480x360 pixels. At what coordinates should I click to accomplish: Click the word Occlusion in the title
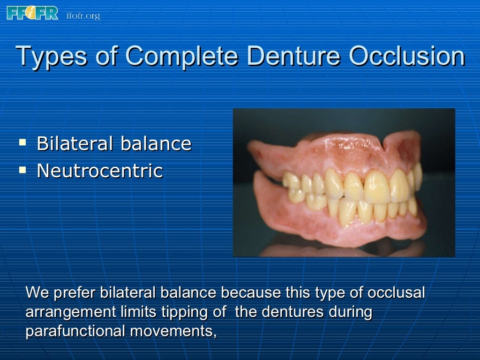click(407, 57)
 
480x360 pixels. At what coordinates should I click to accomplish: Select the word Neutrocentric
click(99, 171)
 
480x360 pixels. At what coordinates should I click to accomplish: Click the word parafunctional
click(75, 331)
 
